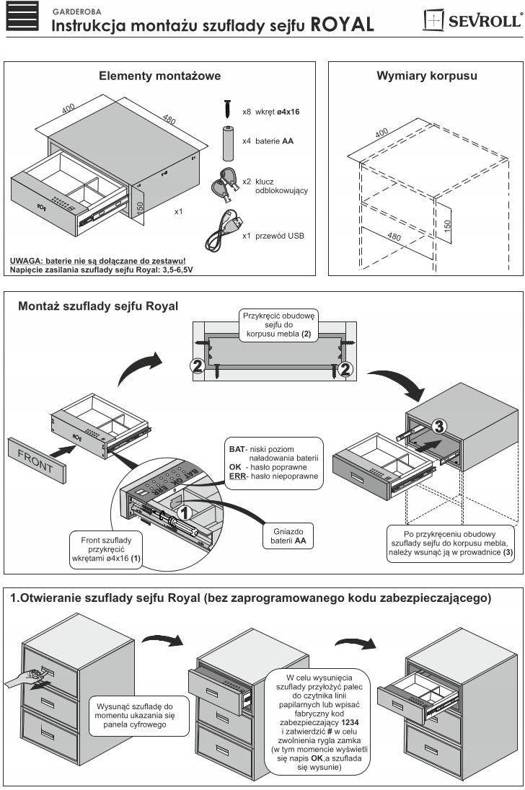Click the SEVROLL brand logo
coord(472,19)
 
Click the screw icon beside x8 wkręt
coord(227,109)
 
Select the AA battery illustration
coord(227,141)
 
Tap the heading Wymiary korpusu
coord(426,76)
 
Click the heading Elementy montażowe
coord(159,76)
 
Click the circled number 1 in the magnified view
coord(184,512)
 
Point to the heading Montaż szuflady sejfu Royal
coord(98,306)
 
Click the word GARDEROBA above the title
coord(76,12)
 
